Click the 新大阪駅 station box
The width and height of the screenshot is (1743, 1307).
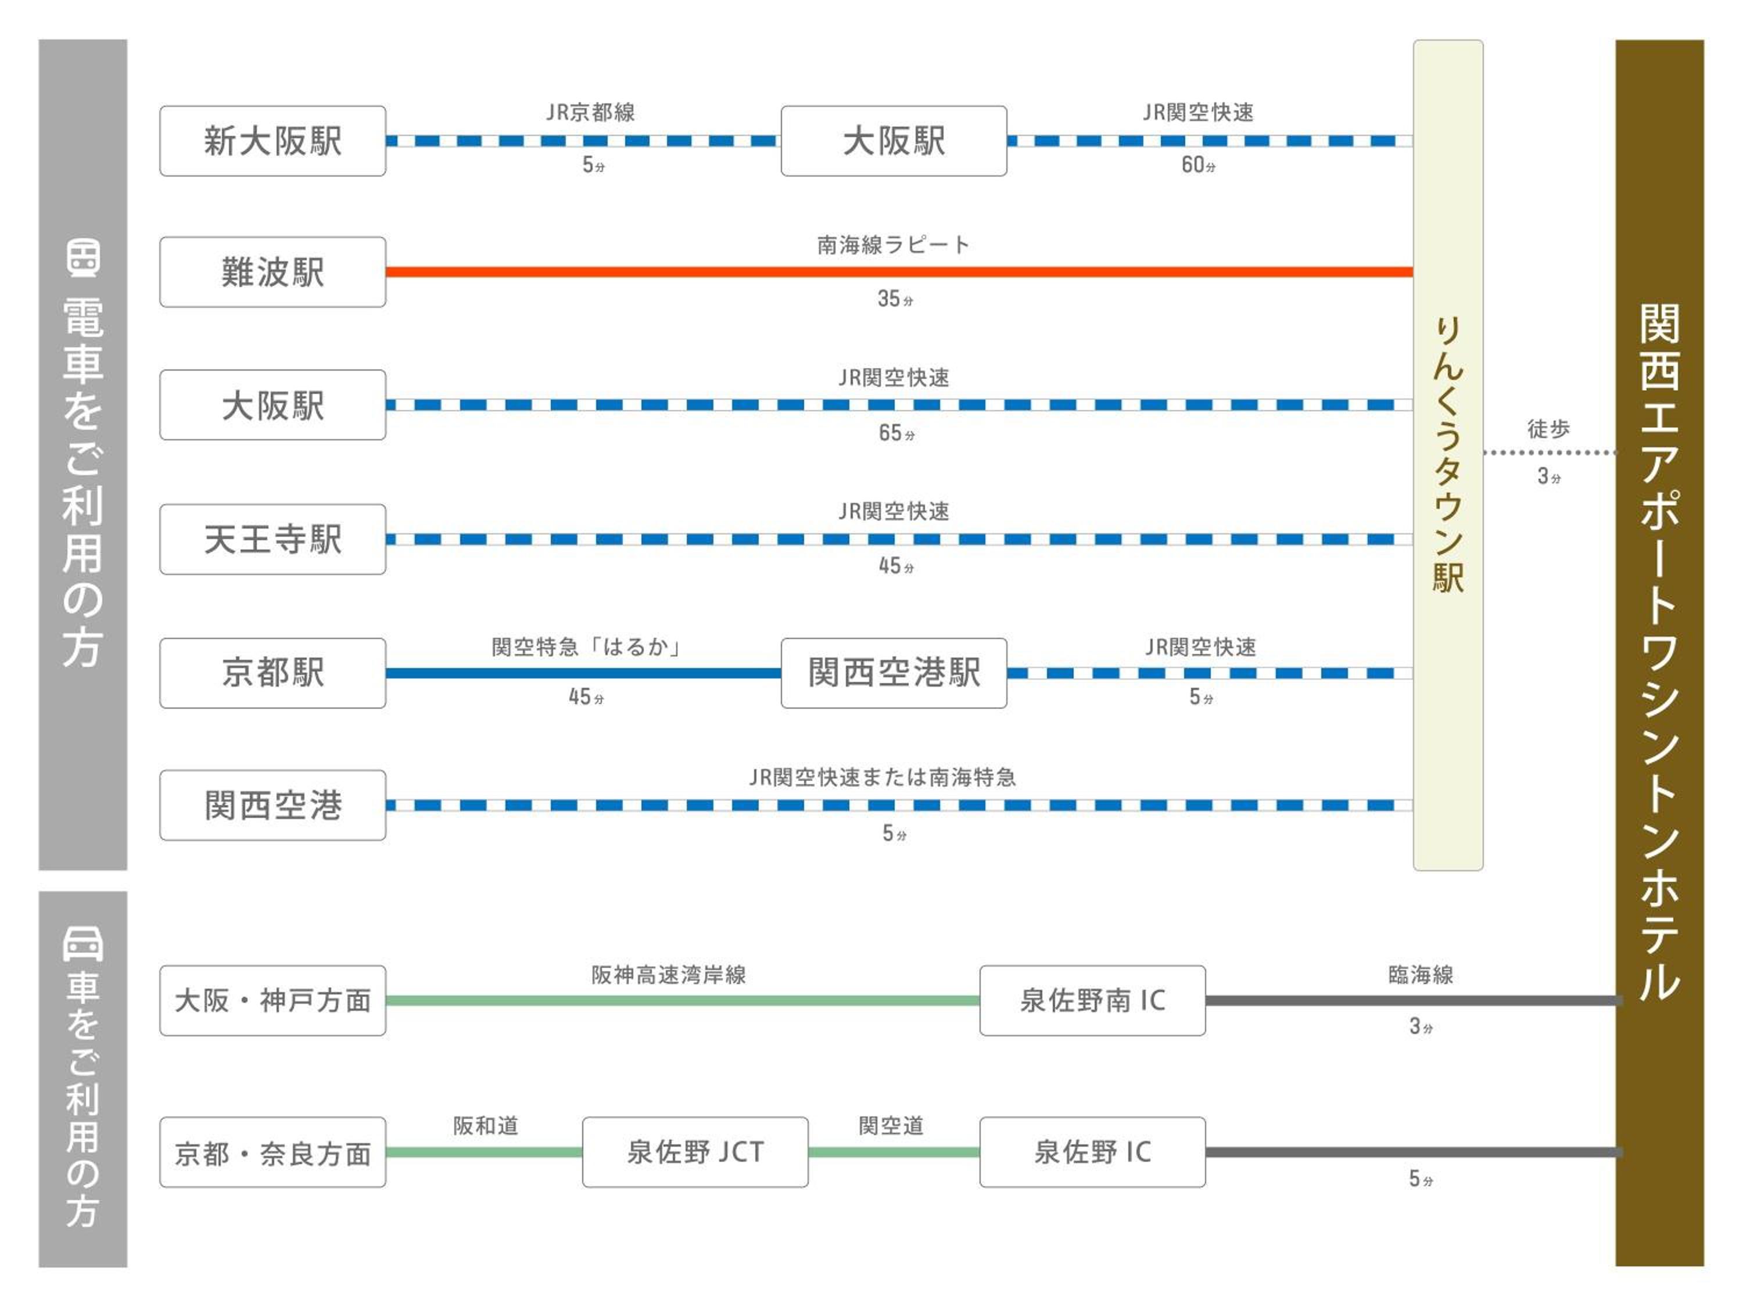click(x=272, y=141)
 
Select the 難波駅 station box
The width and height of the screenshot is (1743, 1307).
click(x=272, y=272)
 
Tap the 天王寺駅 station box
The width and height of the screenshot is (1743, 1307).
click(x=272, y=540)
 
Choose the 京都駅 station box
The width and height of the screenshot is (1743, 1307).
click(x=272, y=673)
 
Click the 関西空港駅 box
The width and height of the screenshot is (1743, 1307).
click(x=894, y=673)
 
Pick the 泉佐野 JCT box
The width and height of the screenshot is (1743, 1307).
click(x=695, y=1152)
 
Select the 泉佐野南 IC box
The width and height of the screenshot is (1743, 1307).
click(x=1092, y=1000)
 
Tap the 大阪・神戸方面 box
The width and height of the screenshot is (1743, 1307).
click(x=272, y=1000)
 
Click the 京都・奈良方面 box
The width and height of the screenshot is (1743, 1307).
click(x=272, y=1152)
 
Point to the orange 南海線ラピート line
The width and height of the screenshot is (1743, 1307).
click(x=898, y=272)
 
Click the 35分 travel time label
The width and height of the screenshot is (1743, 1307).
click(x=895, y=299)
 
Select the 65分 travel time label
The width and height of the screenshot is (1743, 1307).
click(x=896, y=433)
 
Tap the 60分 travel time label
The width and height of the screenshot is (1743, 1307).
click(x=1197, y=166)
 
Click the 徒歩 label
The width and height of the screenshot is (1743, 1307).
click(x=1548, y=429)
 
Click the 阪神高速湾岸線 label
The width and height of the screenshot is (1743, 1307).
click(x=668, y=975)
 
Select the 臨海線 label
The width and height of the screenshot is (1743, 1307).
click(x=1421, y=975)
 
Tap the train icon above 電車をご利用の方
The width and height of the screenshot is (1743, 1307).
click(x=83, y=257)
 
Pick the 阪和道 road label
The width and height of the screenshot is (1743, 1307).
click(x=485, y=1126)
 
